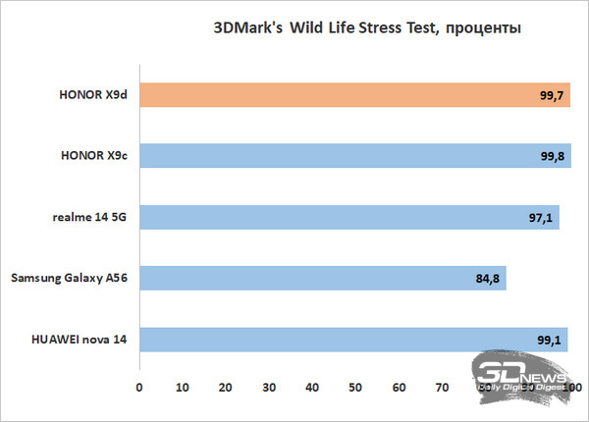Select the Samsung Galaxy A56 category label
(x=70, y=279)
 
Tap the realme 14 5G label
(x=87, y=218)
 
